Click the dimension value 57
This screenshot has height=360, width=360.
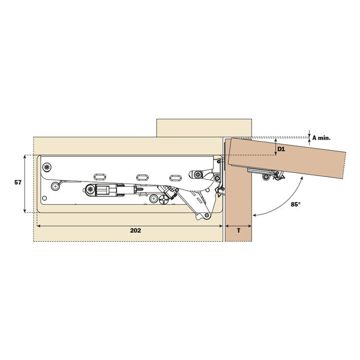coord(18,183)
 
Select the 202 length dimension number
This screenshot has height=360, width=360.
coord(135,230)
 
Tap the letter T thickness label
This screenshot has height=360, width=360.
coord(239,230)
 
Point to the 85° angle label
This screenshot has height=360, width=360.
coord(296,204)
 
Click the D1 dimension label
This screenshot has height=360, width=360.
coord(281,149)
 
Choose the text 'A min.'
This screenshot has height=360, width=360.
coord(321,138)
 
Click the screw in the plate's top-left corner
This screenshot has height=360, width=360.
coord(47,167)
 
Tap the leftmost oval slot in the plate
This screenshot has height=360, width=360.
coord(100,177)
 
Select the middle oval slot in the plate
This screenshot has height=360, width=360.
coord(142,177)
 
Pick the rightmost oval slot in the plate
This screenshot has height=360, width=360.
coord(175,178)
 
